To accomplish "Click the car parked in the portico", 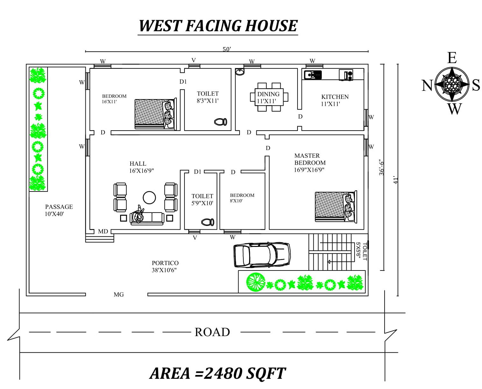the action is [x=262, y=255].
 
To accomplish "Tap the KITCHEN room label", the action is [x=335, y=97].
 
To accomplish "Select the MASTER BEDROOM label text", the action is [x=310, y=159].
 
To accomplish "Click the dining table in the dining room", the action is [x=269, y=97].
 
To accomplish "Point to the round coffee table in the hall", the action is [x=149, y=198].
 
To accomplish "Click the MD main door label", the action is [x=103, y=231].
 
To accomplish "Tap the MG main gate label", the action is [x=119, y=294].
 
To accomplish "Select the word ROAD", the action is [x=212, y=332].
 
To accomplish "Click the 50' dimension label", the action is [x=227, y=49].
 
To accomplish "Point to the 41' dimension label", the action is [x=396, y=180].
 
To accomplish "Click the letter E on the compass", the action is [x=452, y=58].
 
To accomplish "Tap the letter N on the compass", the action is [x=427, y=85].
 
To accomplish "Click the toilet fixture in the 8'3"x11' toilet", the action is [x=221, y=122].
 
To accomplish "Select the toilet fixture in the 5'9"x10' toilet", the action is [x=208, y=222].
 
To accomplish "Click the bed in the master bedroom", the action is [x=336, y=206].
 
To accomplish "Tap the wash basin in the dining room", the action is [x=240, y=71].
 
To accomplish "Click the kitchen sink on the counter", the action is [x=313, y=75].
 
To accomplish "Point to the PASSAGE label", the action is [x=59, y=206].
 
